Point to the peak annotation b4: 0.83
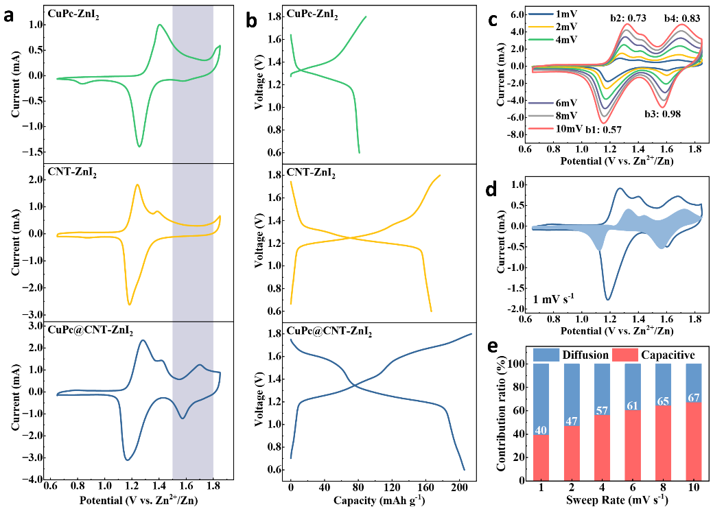681,19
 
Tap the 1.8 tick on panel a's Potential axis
213,488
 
